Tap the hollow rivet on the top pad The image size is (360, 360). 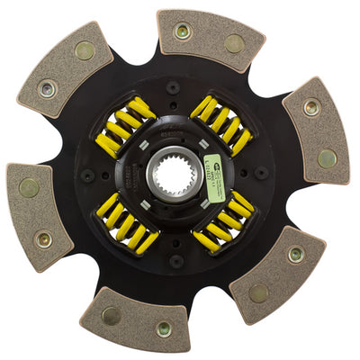pos(184,31)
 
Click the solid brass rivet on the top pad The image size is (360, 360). pos(234,42)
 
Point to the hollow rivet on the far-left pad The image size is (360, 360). pos(42,239)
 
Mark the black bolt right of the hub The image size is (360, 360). pos(260,172)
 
